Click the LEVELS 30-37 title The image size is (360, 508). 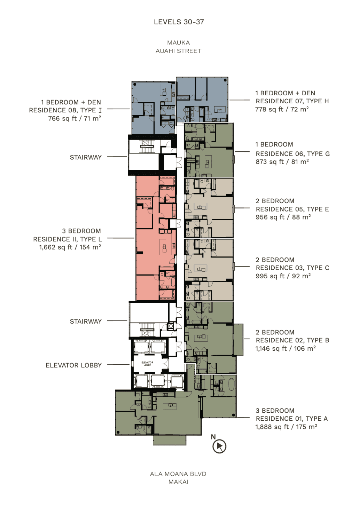(x=179, y=22)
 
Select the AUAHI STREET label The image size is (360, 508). (x=178, y=51)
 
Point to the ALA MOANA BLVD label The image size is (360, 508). (x=178, y=474)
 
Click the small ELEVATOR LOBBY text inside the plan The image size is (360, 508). (x=147, y=364)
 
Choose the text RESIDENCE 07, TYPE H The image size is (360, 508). (x=292, y=101)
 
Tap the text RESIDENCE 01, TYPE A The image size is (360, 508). (x=292, y=419)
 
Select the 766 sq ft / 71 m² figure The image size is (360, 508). (x=75, y=118)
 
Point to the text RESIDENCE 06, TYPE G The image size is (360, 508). (x=293, y=154)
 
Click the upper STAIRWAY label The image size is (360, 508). (x=86, y=157)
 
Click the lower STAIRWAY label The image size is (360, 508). (x=86, y=322)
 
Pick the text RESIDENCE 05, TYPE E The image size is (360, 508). (x=292, y=209)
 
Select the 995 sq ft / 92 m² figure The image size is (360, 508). (x=283, y=276)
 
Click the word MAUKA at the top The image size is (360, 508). (x=178, y=43)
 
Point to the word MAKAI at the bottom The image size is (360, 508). (x=178, y=482)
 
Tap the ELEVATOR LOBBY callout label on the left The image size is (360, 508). (x=74, y=365)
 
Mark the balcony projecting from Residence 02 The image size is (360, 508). (x=238, y=340)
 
